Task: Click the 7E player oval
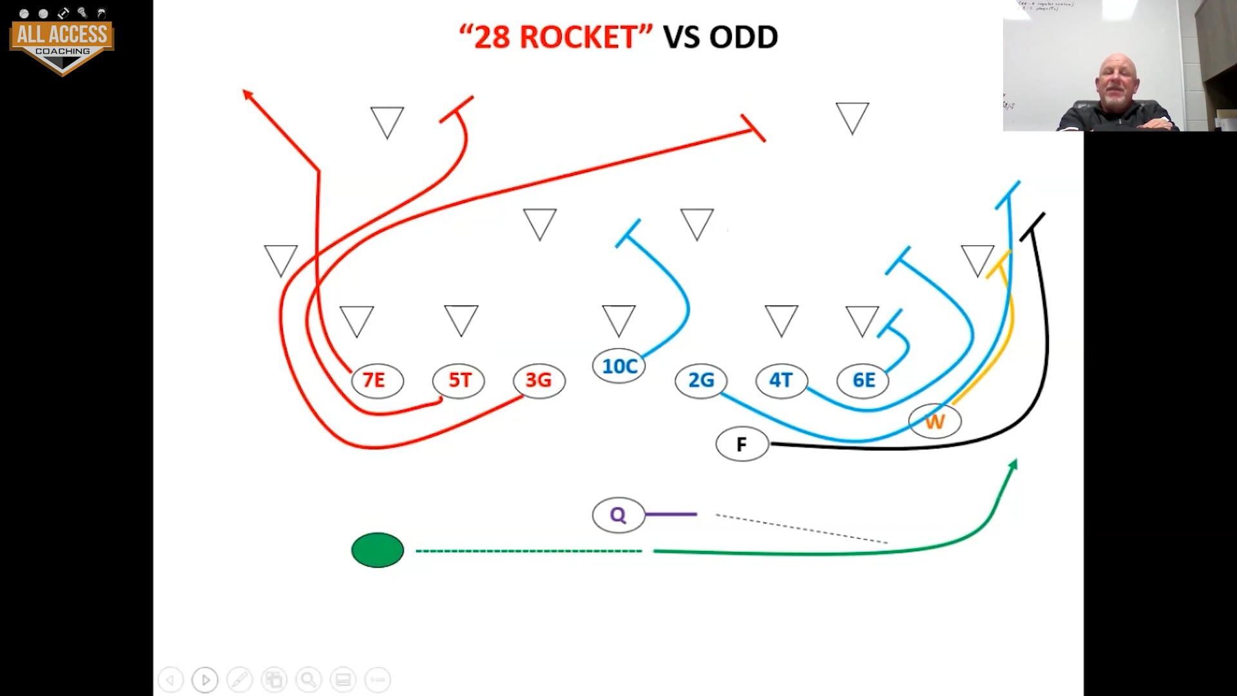(x=378, y=380)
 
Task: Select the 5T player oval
(x=459, y=380)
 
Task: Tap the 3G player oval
(x=539, y=380)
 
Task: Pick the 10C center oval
(x=618, y=366)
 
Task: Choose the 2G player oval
(x=701, y=380)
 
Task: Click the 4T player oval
(x=781, y=380)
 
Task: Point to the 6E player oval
(x=863, y=380)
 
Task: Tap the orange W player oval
(x=935, y=421)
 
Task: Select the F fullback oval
(x=742, y=444)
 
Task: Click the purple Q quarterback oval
(x=618, y=515)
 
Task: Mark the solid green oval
(x=378, y=550)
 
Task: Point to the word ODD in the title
(x=743, y=37)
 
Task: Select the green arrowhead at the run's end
(x=1013, y=464)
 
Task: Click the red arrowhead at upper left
(x=247, y=94)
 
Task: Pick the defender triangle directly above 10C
(x=618, y=320)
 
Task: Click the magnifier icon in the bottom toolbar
(x=308, y=679)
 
